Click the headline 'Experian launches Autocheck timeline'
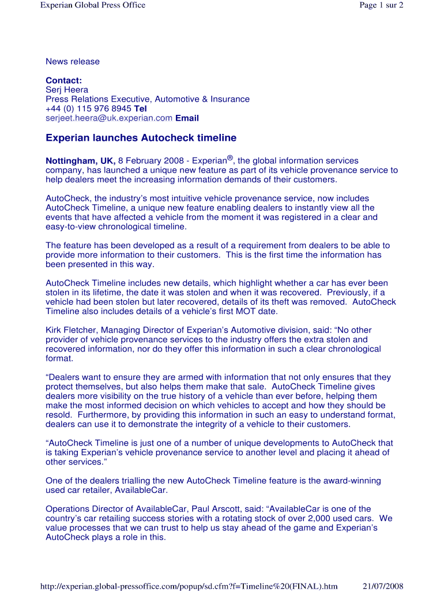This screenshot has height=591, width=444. pyautogui.click(x=141, y=138)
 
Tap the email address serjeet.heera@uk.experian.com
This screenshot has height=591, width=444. pyautogui.click(x=109, y=118)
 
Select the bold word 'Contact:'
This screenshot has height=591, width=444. pyautogui.click(x=64, y=80)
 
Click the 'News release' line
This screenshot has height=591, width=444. pyautogui.click(x=73, y=62)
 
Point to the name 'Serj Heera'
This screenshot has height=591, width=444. pyautogui.click(x=67, y=90)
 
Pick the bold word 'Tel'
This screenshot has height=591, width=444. pyautogui.click(x=141, y=109)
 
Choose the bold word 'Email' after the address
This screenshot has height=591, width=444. pyautogui.click(x=187, y=118)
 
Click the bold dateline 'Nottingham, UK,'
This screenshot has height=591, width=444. pyautogui.click(x=81, y=161)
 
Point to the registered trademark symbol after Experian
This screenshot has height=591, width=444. pyautogui.click(x=229, y=158)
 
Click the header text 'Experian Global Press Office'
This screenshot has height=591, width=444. pyautogui.click(x=92, y=5)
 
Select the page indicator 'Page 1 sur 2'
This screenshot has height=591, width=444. pyautogui.click(x=381, y=5)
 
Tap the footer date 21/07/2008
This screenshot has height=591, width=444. pyautogui.click(x=383, y=586)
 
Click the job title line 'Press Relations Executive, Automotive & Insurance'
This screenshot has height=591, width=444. pyautogui.click(x=148, y=99)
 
